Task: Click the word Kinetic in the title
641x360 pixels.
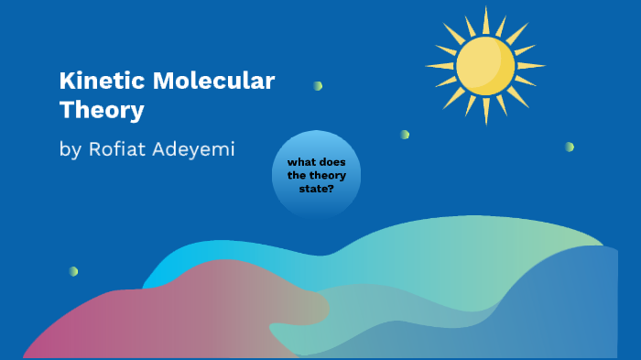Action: tap(89, 81)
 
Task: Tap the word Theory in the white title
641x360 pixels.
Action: tap(102, 111)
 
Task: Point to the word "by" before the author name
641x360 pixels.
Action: tap(71, 149)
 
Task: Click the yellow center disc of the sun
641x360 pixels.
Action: tap(485, 66)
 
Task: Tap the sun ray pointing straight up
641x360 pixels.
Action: tap(485, 18)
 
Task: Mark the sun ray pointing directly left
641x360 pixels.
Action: tap(440, 66)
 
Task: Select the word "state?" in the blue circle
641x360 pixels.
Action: tap(316, 188)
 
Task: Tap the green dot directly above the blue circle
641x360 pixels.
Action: tap(317, 86)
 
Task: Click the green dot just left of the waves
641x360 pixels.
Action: tap(72, 271)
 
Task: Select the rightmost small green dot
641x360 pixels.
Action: tap(569, 147)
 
